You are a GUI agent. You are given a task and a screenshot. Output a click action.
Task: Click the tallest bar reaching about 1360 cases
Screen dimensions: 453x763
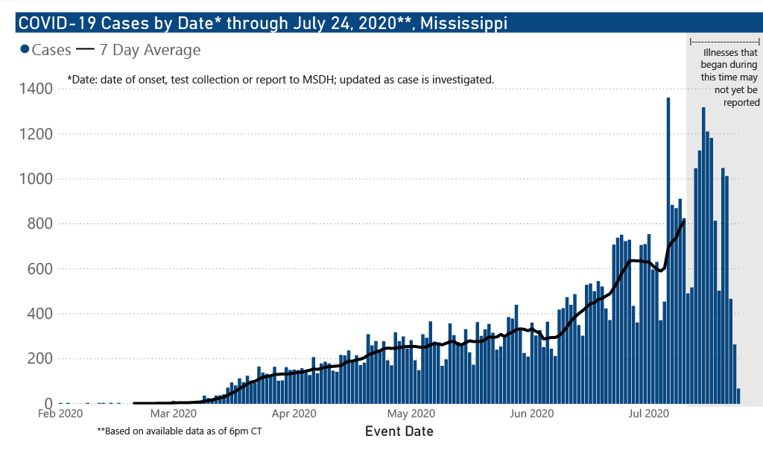tap(668, 250)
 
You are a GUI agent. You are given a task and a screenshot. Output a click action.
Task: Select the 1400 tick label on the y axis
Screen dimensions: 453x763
tap(36, 89)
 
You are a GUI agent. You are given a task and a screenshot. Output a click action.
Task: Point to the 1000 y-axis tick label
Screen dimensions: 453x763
tap(36, 179)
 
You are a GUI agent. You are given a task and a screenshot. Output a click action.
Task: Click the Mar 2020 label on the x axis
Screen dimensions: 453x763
tap(173, 414)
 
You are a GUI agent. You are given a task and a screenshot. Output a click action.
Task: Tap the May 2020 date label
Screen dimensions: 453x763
tap(411, 414)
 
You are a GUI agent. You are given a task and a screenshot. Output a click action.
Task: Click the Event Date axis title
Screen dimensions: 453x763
tap(399, 431)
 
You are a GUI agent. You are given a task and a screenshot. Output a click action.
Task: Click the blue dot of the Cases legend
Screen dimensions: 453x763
tap(25, 50)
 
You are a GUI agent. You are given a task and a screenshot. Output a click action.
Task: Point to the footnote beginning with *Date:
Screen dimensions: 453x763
tap(280, 79)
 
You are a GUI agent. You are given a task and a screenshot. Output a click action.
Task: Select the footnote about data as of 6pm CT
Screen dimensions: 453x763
tap(179, 431)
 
